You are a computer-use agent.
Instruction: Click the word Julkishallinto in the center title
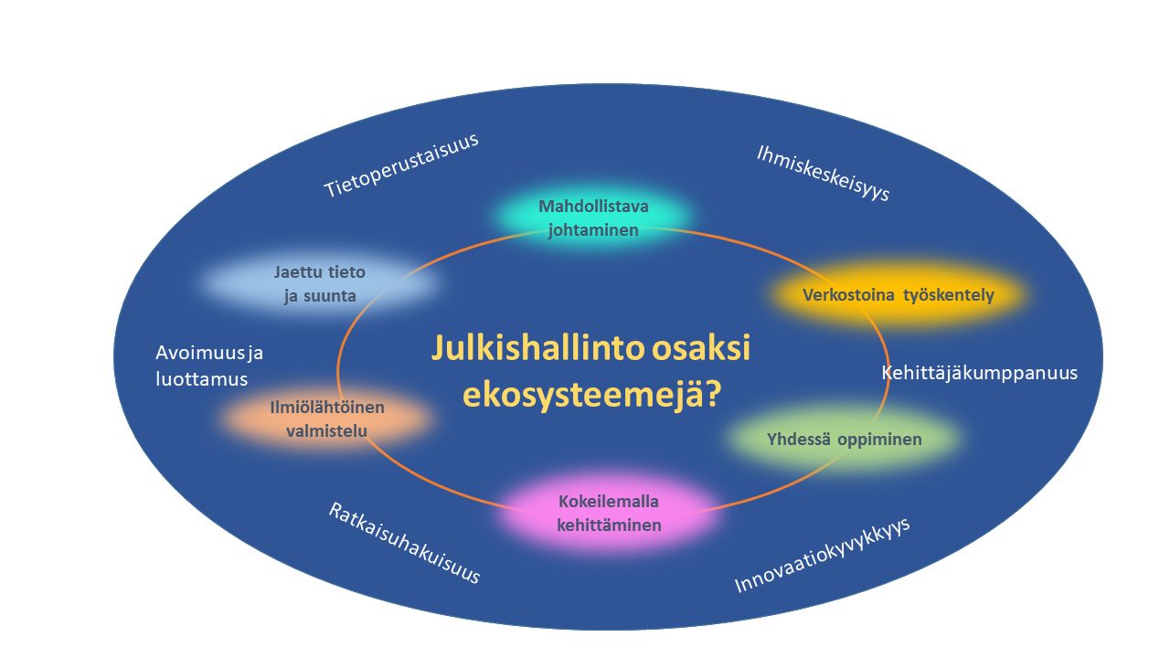(538, 348)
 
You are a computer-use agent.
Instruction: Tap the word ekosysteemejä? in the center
(592, 394)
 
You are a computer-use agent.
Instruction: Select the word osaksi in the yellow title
(701, 348)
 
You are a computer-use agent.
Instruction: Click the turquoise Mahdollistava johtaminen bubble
(593, 218)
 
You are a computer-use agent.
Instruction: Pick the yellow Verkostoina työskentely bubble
(898, 294)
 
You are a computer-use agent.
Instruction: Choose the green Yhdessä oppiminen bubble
(844, 439)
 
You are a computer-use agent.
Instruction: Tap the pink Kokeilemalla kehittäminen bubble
(609, 513)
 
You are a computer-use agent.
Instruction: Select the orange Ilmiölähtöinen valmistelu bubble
(327, 419)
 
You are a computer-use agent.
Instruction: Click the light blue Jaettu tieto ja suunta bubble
(320, 283)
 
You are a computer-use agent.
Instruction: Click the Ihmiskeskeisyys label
(824, 173)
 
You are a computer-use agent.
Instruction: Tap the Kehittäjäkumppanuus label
(979, 373)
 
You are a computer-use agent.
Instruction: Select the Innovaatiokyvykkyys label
(822, 555)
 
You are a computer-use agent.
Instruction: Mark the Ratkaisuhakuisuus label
(404, 543)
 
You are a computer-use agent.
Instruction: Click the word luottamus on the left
(202, 378)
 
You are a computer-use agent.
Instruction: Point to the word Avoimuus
(200, 353)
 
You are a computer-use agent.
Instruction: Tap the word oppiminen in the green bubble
(879, 440)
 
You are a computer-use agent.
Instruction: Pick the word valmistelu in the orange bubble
(327, 430)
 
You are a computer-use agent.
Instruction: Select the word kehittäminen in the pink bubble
(609, 525)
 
